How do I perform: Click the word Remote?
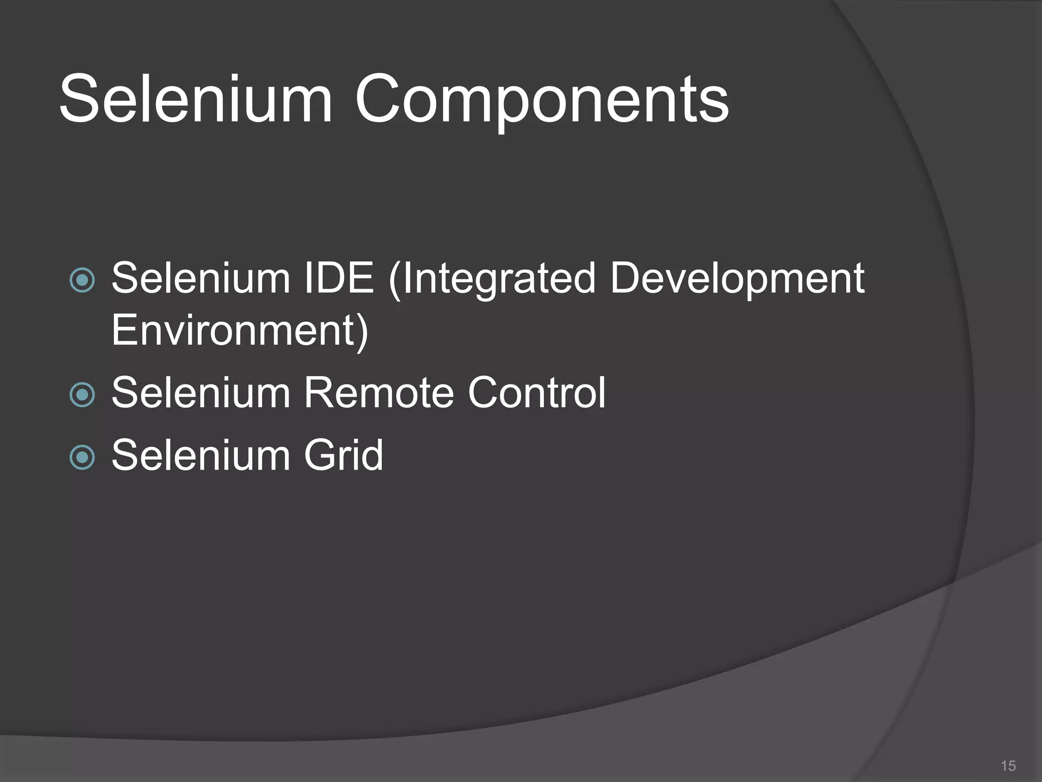pyautogui.click(x=379, y=393)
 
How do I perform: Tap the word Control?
pyautogui.click(x=536, y=393)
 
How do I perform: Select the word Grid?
pyautogui.click(x=343, y=455)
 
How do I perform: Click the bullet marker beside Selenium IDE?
pyautogui.click(x=82, y=280)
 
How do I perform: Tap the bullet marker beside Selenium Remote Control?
pyautogui.click(x=82, y=395)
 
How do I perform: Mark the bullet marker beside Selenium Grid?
pyautogui.click(x=82, y=457)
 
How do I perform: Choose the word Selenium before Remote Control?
pyautogui.click(x=200, y=393)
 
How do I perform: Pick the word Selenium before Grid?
pyautogui.click(x=200, y=455)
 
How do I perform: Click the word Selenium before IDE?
pyautogui.click(x=200, y=278)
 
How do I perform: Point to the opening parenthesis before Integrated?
pyautogui.click(x=394, y=280)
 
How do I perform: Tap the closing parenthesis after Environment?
pyautogui.click(x=362, y=332)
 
